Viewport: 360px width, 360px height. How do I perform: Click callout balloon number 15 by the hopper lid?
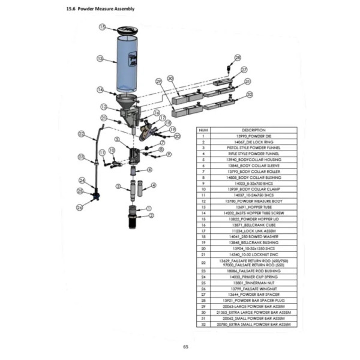point(103,27)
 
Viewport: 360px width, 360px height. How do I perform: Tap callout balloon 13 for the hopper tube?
point(100,59)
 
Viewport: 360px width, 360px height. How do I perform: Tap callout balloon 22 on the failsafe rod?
point(82,133)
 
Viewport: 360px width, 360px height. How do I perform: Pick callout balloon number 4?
point(154,186)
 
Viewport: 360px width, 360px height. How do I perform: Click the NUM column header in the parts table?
point(203,130)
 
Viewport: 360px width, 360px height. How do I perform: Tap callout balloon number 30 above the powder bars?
point(170,78)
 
